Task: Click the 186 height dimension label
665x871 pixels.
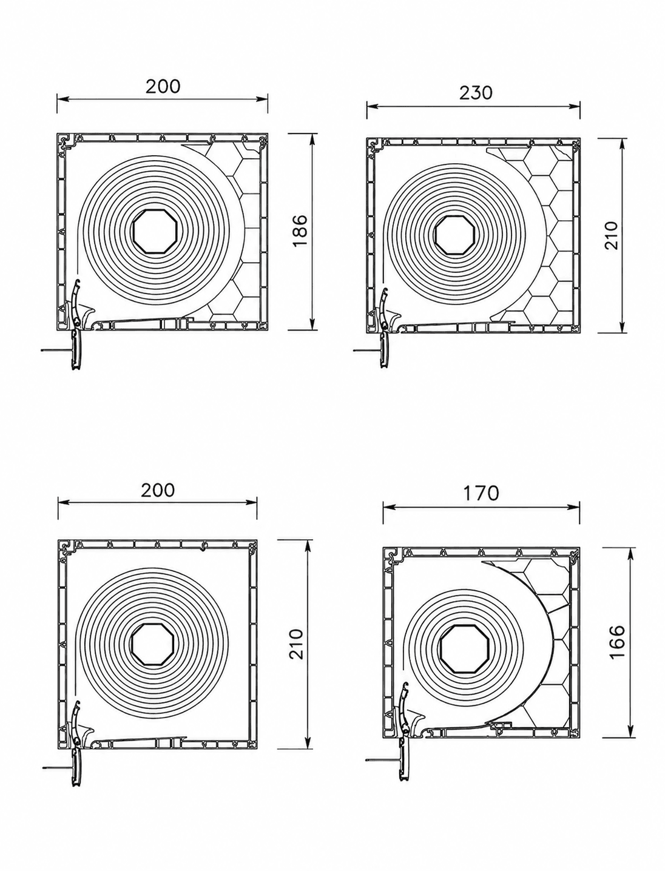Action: pyautogui.click(x=300, y=230)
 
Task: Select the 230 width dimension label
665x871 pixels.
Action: pyautogui.click(x=476, y=93)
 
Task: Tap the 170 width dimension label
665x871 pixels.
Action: pyautogui.click(x=481, y=493)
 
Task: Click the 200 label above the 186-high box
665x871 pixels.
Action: pyautogui.click(x=163, y=87)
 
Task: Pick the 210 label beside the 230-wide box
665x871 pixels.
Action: pyautogui.click(x=612, y=235)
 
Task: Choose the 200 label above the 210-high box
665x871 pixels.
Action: pyautogui.click(x=158, y=491)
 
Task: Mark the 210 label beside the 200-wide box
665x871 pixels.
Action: pyautogui.click(x=296, y=644)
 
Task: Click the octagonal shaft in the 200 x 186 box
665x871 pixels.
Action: pyautogui.click(x=150, y=230)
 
